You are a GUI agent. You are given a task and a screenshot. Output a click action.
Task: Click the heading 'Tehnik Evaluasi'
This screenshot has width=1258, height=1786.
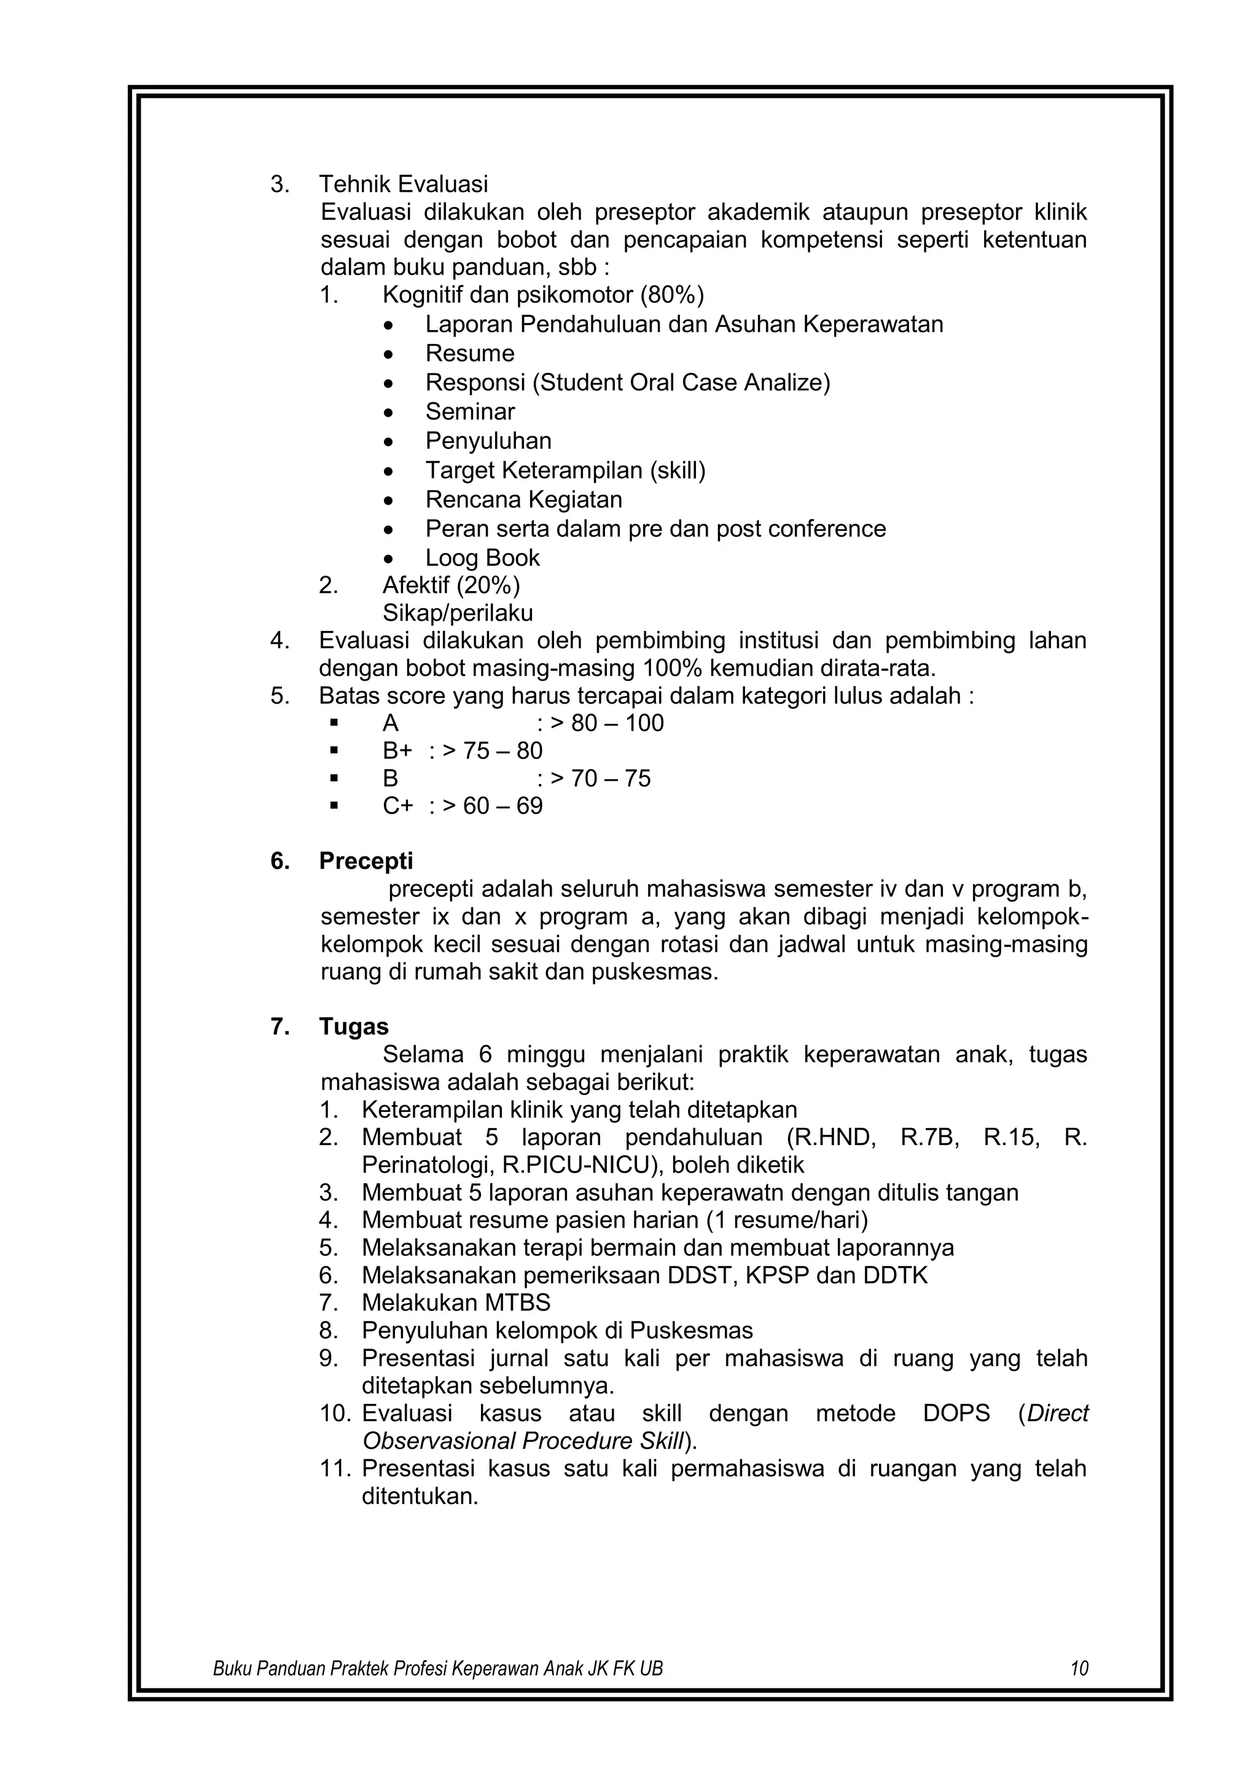tap(404, 184)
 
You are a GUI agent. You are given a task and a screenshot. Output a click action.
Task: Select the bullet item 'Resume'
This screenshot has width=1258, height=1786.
tap(470, 353)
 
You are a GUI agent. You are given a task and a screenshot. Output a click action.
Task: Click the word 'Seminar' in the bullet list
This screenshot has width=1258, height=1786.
tap(470, 412)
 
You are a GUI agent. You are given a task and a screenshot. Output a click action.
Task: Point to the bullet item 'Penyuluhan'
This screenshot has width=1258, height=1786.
tap(488, 441)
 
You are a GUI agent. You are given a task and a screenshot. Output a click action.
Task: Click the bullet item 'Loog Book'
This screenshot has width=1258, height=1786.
tap(482, 558)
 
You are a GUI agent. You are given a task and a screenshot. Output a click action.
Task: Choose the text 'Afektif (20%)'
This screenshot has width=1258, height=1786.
tap(451, 584)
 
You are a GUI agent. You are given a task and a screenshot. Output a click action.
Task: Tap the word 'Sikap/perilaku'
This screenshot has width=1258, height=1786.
tap(457, 613)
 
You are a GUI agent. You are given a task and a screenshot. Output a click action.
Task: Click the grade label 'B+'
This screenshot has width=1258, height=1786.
tap(397, 751)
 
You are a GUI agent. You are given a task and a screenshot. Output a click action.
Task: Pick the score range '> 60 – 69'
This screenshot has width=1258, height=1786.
tap(492, 806)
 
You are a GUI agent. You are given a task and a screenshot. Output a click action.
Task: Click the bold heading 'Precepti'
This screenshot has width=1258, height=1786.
tap(365, 861)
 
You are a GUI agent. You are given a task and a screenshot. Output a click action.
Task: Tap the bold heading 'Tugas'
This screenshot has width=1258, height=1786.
tap(354, 1027)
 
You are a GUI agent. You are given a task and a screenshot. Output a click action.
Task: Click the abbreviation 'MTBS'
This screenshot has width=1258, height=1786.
tap(518, 1303)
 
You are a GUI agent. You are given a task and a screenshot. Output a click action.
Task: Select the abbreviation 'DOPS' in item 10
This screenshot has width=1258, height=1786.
tap(956, 1414)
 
